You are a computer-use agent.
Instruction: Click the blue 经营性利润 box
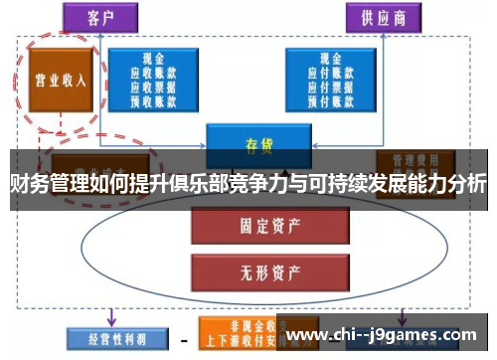click(x=106, y=339)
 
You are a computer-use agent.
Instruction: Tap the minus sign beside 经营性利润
click(x=183, y=339)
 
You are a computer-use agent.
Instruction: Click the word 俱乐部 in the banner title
click(x=192, y=183)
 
